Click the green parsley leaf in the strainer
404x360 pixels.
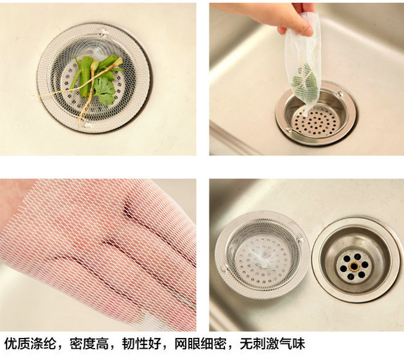(x=104, y=91)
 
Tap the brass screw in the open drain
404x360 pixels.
(x=354, y=265)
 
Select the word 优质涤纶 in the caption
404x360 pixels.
(x=30, y=344)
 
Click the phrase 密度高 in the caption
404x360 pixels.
(x=90, y=344)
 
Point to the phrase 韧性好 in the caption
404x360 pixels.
(x=142, y=344)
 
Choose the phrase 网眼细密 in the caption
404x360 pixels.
(x=201, y=344)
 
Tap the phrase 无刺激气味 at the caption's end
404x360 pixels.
(x=272, y=344)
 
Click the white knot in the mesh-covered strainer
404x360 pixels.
(x=262, y=258)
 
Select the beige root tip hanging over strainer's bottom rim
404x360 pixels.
(x=82, y=123)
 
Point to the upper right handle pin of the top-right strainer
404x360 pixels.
(x=341, y=94)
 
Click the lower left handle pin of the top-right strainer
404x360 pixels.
(x=289, y=130)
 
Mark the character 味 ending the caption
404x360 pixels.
(x=298, y=344)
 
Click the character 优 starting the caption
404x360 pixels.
(x=11, y=344)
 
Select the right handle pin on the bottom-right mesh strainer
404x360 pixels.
(x=300, y=240)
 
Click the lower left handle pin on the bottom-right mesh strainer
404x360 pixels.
(x=223, y=269)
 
